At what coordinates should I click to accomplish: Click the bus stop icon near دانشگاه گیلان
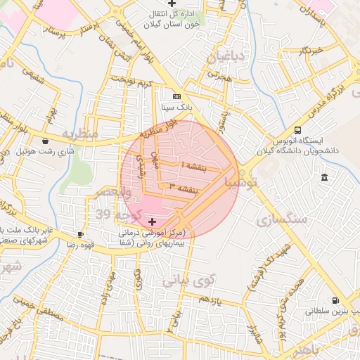coord(298,131)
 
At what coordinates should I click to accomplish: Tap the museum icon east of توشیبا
coord(323,179)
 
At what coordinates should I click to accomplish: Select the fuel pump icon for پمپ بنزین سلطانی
coord(335,300)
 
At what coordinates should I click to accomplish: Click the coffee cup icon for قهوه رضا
coord(81,234)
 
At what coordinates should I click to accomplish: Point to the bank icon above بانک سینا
coord(176,96)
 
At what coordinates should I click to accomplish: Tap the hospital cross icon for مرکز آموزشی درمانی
coord(153,221)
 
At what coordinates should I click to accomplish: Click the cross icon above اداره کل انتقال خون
coord(172,4)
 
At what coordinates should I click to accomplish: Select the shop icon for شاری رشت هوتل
coord(46,140)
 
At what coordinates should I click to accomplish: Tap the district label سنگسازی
coord(287,219)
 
